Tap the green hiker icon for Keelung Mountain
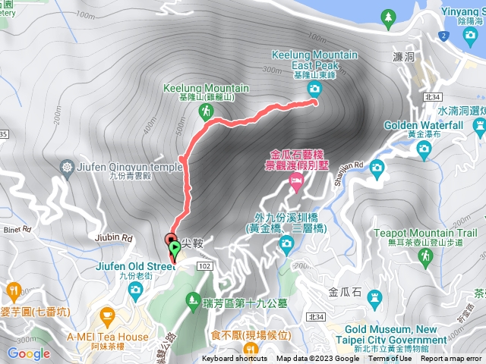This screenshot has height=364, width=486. [205, 112]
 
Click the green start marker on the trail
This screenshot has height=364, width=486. [175, 247]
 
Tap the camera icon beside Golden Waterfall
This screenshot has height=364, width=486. [424, 149]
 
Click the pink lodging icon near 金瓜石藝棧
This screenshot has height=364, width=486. [296, 180]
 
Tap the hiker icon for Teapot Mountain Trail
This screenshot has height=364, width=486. [425, 256]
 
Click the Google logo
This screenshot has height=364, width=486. [28, 353]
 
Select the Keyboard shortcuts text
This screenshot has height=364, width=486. [234, 359]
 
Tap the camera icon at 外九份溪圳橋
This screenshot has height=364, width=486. [286, 243]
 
